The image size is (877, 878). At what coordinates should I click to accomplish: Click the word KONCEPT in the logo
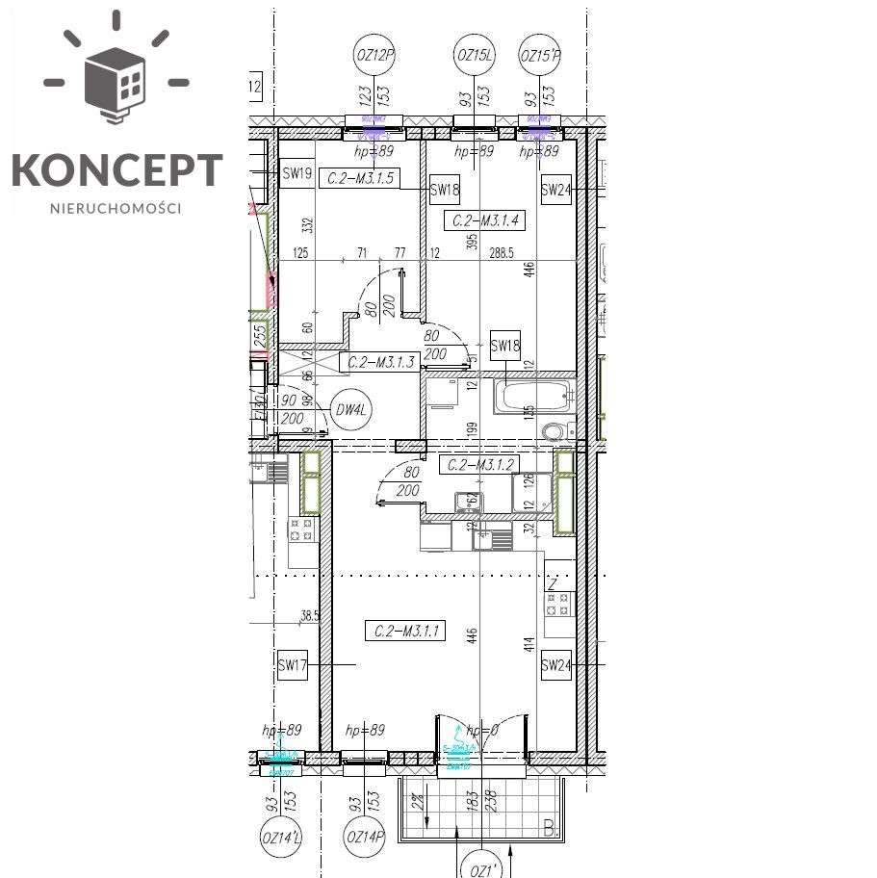[x=116, y=170]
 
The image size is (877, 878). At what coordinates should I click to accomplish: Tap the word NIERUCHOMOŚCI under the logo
[x=116, y=207]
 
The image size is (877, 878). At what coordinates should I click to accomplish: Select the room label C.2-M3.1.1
[x=405, y=632]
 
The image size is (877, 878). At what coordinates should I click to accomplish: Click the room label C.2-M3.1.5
[x=358, y=177]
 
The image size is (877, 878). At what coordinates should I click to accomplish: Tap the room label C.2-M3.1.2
[x=478, y=464]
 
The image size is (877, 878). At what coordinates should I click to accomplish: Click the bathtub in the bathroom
[x=534, y=395]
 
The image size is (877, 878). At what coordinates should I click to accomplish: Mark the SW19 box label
[x=296, y=174]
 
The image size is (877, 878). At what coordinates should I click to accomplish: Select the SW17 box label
[x=292, y=664]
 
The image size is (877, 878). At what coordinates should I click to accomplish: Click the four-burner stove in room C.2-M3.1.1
[x=557, y=604]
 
